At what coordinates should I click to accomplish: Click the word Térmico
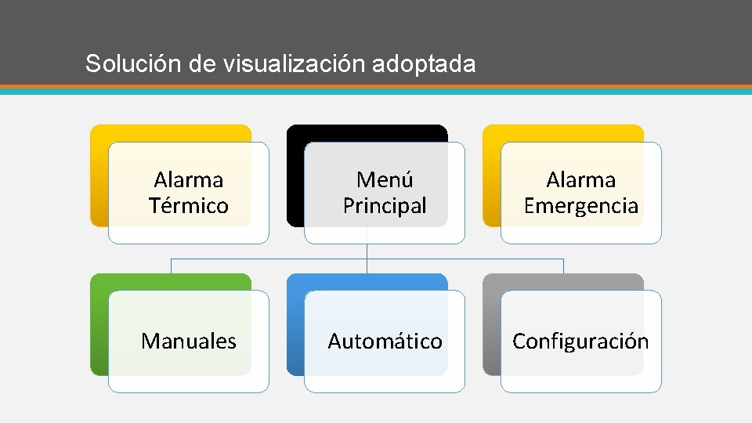[x=189, y=206]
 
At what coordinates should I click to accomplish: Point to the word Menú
[x=385, y=180]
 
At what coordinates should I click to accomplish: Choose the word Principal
[x=385, y=206]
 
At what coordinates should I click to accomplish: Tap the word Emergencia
[x=581, y=206]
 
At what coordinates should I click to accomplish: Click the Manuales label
[x=189, y=342]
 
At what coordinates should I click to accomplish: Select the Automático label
[x=385, y=342]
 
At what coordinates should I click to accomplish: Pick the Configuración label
[x=580, y=342]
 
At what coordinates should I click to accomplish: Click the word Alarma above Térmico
[x=189, y=180]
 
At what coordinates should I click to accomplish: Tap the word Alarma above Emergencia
[x=581, y=180]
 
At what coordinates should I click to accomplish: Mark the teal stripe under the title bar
[x=376, y=91]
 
